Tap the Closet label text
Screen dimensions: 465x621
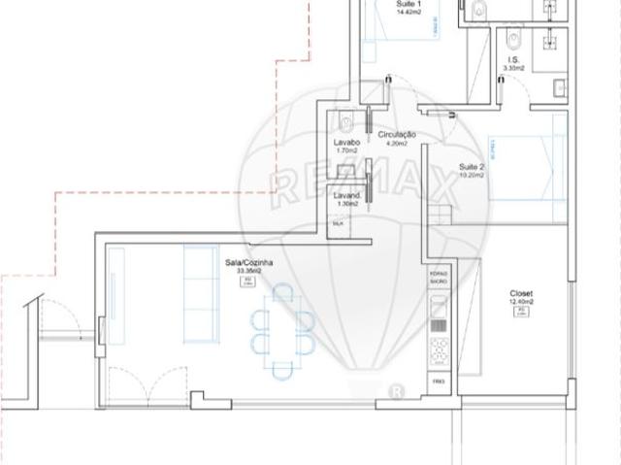pos(521,293)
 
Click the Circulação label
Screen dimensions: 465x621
pos(398,134)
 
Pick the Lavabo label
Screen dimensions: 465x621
pos(347,143)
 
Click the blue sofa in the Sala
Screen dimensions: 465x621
pos(200,293)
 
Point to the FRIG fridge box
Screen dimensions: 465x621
pos(439,382)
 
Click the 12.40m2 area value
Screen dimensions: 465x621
pos(521,302)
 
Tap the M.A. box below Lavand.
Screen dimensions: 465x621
pos(339,223)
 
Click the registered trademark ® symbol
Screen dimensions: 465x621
pos(396,391)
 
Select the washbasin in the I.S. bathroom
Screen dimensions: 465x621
pos(561,89)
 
